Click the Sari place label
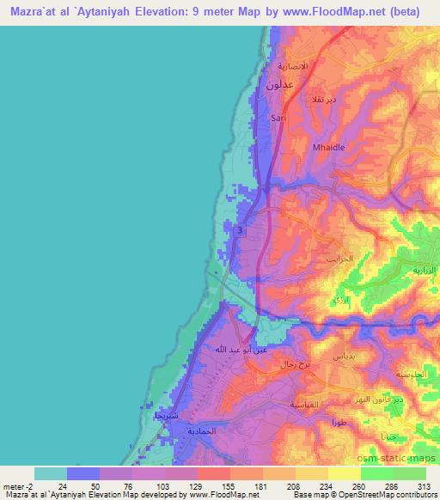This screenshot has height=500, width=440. (x=278, y=117)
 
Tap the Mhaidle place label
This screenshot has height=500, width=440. (x=328, y=147)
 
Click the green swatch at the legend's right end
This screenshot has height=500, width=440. (x=409, y=473)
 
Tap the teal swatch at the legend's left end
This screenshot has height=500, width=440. (x=51, y=473)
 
